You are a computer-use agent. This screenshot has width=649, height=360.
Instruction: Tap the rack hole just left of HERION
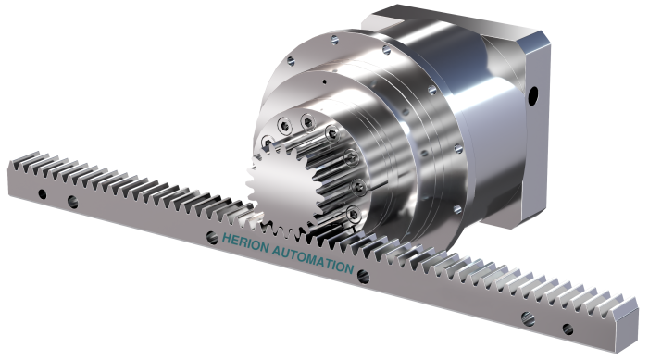click(x=212, y=238)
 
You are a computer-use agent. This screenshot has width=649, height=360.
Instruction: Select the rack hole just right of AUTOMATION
click(x=363, y=277)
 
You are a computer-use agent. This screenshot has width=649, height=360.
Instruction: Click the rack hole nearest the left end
click(x=43, y=193)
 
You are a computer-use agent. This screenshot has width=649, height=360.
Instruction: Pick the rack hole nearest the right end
click(x=568, y=329)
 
